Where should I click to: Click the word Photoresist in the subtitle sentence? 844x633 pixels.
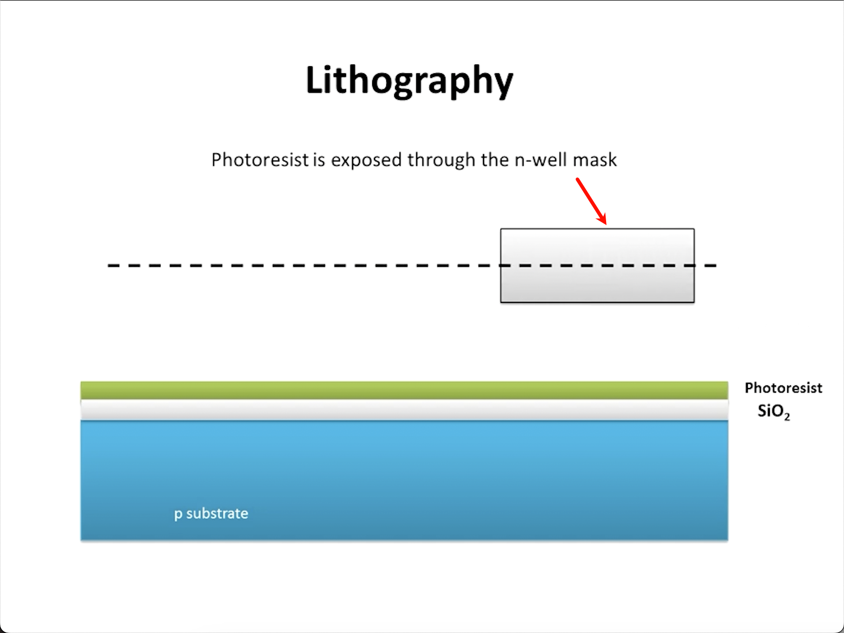(x=260, y=160)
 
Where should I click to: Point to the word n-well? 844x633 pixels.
(x=541, y=160)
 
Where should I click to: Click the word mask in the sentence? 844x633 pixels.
(x=595, y=160)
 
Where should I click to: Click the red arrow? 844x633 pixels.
(x=591, y=200)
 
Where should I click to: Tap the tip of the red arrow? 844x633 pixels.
(x=606, y=224)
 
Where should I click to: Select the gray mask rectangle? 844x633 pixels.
(x=597, y=283)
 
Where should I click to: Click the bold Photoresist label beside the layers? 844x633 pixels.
(x=783, y=388)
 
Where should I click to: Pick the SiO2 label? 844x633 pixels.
(x=773, y=412)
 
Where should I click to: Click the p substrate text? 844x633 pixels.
(x=211, y=513)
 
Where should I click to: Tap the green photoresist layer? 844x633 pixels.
(x=404, y=390)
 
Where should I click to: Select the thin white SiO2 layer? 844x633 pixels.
(x=404, y=410)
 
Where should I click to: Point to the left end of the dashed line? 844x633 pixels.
(x=109, y=265)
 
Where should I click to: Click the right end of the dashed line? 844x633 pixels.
(x=715, y=265)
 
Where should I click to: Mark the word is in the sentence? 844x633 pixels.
(x=319, y=160)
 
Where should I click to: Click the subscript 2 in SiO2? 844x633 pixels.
(x=787, y=417)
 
